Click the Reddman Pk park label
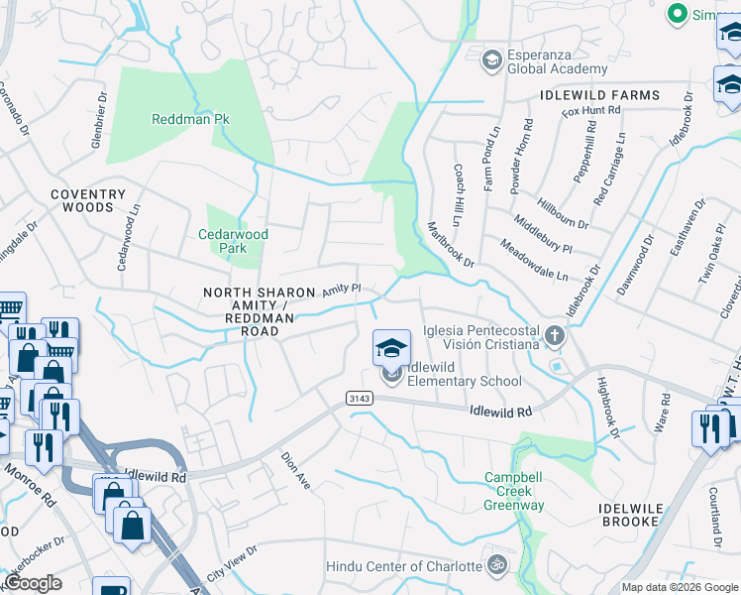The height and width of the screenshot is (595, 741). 190,119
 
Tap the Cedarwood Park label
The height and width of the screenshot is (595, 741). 233,241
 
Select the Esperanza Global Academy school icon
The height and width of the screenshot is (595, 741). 490,61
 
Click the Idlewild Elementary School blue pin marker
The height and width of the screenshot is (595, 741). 391,349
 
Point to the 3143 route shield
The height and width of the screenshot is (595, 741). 360,398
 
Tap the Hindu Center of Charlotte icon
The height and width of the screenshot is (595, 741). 498,566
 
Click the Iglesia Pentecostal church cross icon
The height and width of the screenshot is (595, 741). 554,337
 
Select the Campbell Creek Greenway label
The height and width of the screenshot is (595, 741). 513,491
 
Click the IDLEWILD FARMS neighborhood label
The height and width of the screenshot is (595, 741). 599,95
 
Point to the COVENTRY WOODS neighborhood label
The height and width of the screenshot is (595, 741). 88,201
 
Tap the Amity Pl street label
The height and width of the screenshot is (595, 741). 341,290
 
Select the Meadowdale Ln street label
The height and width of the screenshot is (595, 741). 533,260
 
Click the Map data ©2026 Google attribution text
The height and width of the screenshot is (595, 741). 680,587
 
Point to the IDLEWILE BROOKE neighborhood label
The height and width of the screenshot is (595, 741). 643,514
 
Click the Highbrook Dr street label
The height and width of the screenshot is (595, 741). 606,408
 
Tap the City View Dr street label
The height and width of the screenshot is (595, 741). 231,561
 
